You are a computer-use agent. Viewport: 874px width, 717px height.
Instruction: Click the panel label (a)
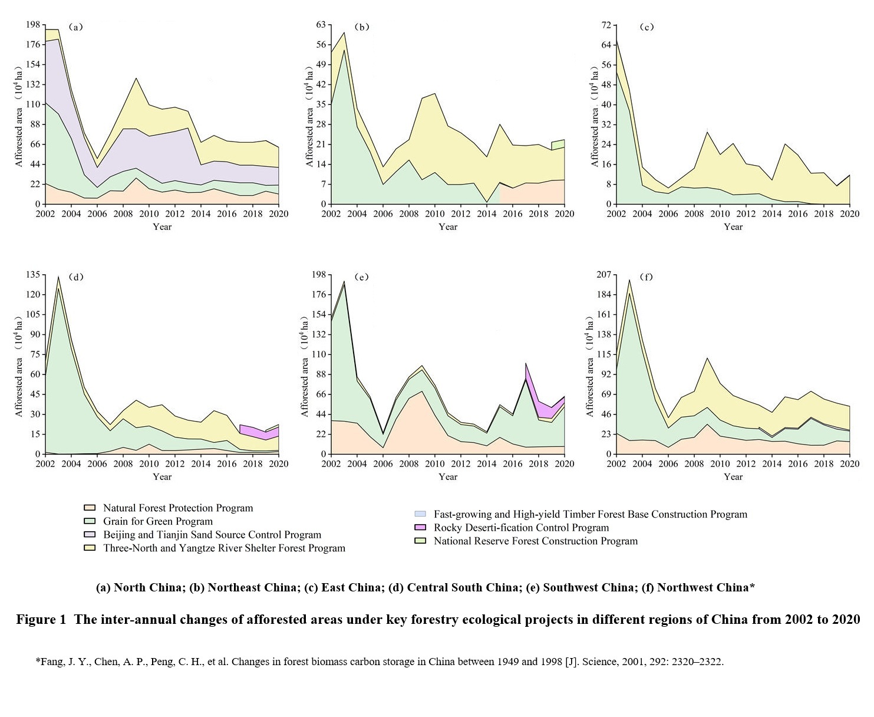point(75,27)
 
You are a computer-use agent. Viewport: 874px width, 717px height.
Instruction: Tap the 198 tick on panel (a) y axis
point(33,25)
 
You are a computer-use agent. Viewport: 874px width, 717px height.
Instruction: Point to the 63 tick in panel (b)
point(321,25)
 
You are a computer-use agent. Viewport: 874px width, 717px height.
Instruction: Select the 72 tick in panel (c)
point(606,25)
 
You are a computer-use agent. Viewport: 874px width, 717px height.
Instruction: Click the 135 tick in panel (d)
point(33,275)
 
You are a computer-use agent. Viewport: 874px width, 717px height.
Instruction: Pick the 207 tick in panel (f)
point(604,275)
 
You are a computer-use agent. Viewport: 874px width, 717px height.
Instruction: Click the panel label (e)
point(361,277)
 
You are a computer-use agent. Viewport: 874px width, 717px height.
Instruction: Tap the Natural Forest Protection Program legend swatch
point(90,508)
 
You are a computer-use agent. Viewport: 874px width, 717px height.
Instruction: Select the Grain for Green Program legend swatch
point(90,521)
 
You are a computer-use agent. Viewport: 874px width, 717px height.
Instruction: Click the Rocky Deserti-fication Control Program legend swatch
point(420,528)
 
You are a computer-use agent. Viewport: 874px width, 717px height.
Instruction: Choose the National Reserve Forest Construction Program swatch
point(420,541)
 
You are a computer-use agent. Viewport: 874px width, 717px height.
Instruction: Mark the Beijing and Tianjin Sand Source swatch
point(90,535)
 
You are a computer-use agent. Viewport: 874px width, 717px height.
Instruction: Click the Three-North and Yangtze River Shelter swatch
point(90,548)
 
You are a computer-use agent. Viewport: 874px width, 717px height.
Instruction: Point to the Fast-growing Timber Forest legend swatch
point(420,514)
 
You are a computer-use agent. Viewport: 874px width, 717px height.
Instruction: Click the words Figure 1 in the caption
point(41,620)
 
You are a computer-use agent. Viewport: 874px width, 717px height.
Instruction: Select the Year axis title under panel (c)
point(733,227)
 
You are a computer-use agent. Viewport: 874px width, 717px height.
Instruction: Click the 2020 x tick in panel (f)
point(849,464)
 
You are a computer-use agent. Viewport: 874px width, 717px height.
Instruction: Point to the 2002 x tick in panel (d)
point(45,464)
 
